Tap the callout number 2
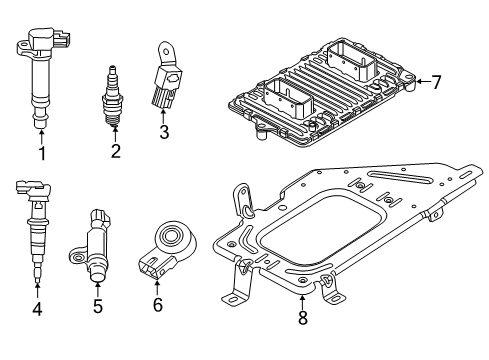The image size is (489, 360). pos(115,152)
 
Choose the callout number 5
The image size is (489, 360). pos(97,306)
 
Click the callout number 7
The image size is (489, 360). pos(436,82)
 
